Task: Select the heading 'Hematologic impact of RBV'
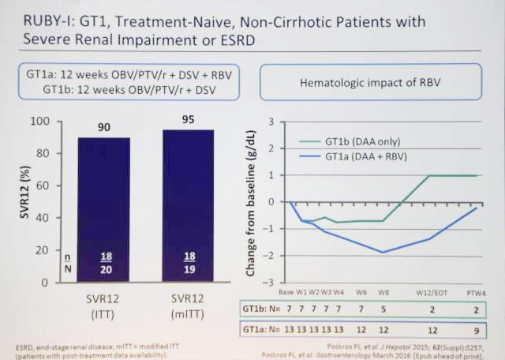pyautogui.click(x=369, y=82)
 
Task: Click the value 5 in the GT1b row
pyautogui.click(x=383, y=309)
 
